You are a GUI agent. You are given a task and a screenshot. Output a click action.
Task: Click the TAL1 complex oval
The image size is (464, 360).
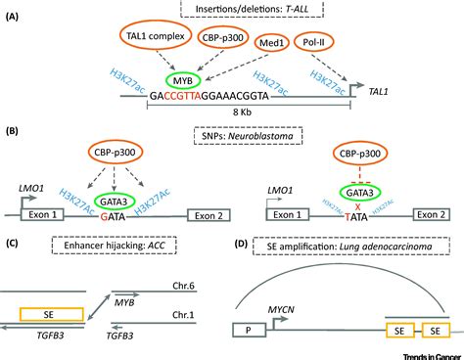(x=159, y=39)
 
